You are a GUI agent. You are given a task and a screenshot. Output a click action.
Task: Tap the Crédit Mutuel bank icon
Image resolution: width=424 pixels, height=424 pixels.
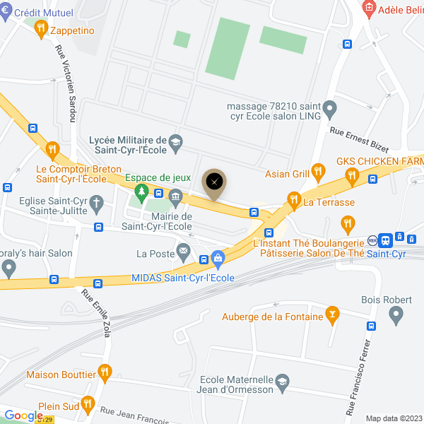pos(6,12)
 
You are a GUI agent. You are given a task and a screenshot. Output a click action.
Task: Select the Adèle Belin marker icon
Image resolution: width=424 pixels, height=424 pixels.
pos(368,8)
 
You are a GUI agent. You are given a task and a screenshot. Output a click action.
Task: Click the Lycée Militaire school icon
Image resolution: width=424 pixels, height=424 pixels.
pos(176,141)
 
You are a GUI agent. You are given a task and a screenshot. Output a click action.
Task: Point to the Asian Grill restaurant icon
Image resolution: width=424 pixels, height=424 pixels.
pos(319,170)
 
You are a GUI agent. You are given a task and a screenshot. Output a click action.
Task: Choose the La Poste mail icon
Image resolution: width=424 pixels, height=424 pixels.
pos(184,250)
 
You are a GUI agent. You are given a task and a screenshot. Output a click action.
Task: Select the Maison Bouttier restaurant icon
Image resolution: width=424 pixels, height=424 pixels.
pos(105,370)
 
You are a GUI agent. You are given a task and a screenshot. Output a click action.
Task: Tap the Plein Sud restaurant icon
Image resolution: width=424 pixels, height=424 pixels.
pos(88,404)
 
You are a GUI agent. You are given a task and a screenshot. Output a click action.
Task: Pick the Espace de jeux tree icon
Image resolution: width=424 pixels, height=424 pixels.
pos(142,192)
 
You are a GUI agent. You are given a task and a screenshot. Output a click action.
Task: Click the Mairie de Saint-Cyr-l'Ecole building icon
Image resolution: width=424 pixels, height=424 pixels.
pos(176,196)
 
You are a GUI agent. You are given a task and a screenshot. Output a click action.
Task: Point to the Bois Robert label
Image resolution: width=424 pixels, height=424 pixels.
pos(387,300)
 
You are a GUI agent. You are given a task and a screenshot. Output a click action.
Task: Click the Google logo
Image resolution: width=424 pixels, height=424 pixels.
pos(24,416)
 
